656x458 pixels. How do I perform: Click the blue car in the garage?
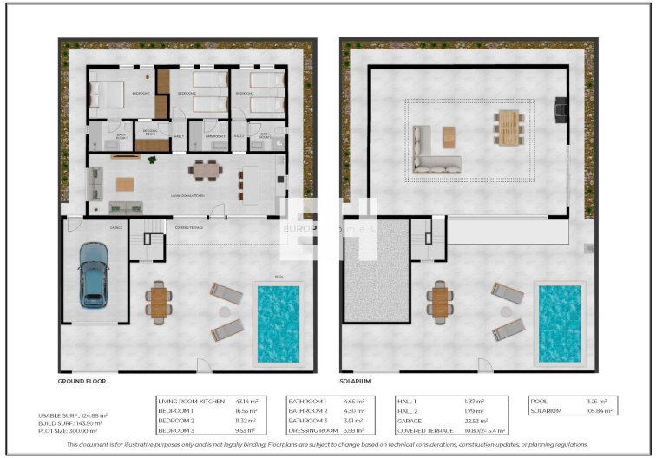coord(95,275)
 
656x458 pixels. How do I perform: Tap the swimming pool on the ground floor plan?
coord(279,323)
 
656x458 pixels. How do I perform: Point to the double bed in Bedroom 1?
coord(108,91)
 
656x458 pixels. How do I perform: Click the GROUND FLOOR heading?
coord(82,381)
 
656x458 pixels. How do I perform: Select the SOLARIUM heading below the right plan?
coord(355,381)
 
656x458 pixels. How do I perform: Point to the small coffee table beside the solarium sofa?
coord(449,136)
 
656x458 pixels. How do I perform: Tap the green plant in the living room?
coord(153,160)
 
